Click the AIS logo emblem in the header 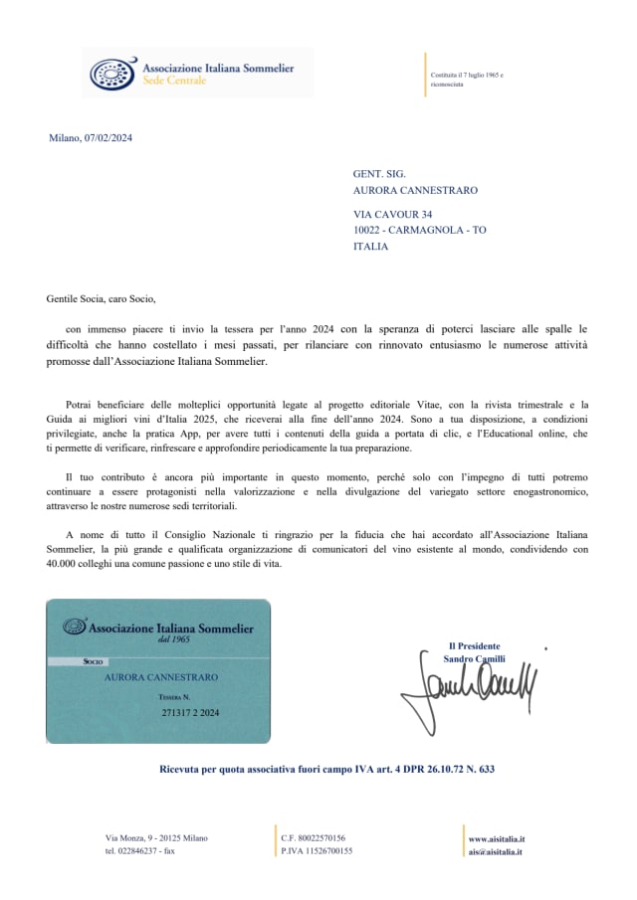coord(108,72)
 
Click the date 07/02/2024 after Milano coord(108,138)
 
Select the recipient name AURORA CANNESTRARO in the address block coord(415,190)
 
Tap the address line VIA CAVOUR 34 coord(392,214)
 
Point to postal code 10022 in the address coord(368,230)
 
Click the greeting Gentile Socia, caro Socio coord(102,297)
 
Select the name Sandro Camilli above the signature coord(474,658)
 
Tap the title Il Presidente coord(474,645)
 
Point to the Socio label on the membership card coord(95,660)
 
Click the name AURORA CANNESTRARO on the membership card coord(161,677)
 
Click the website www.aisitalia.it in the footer coord(497,839)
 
